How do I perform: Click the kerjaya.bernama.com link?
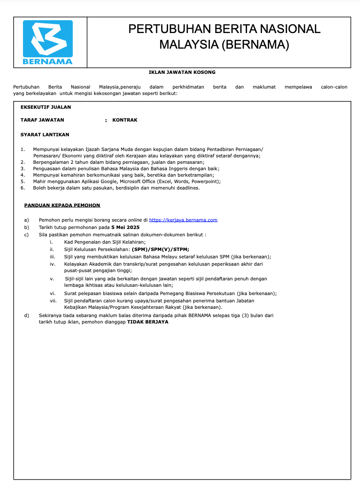[x=183, y=220]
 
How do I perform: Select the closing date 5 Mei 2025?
[x=125, y=227]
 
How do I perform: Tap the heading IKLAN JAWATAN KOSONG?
[x=182, y=72]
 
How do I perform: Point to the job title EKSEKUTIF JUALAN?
[x=46, y=107]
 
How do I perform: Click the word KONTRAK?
[x=125, y=120]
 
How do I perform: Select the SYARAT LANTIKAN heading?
[x=45, y=134]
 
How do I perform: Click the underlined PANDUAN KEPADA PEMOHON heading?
[x=62, y=205]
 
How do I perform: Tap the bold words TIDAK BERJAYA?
[x=147, y=322]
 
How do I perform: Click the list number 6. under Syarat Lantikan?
[x=23, y=188]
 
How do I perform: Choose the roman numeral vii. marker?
[x=53, y=301]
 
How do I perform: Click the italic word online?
[x=135, y=220]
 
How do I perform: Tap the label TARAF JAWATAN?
[x=42, y=120]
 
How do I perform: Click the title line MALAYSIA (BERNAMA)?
[x=224, y=45]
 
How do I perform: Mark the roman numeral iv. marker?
[x=52, y=264]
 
